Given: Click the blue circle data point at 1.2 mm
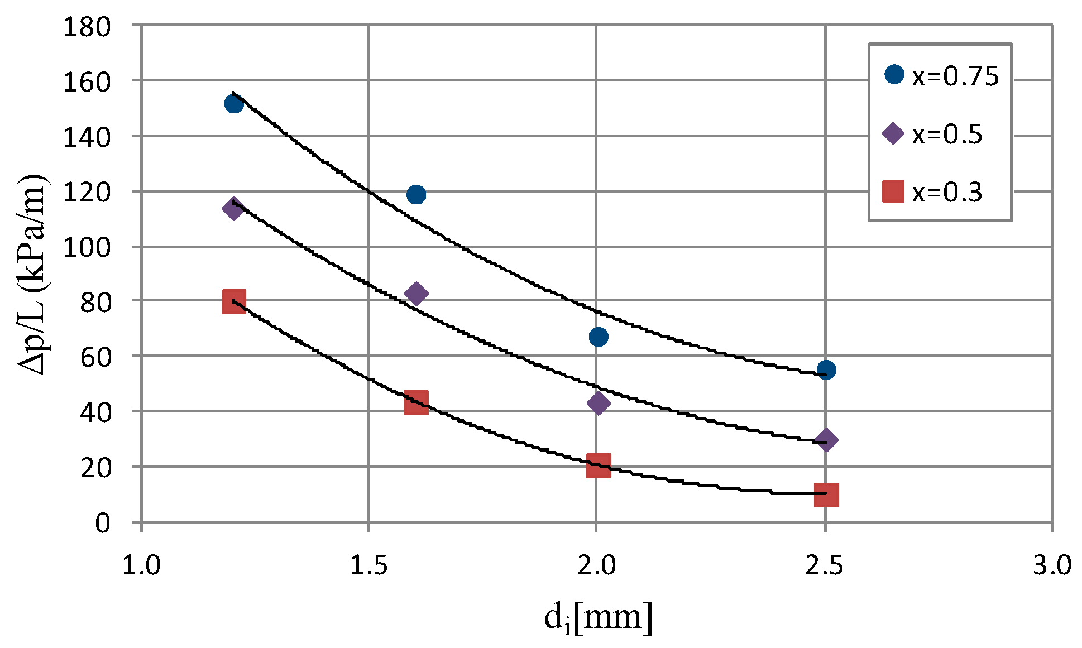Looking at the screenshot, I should click(233, 104).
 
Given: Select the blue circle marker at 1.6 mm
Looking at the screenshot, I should click(416, 194).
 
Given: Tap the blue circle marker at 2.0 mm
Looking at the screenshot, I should click(598, 337).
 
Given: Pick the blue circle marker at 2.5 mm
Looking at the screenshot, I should click(826, 369).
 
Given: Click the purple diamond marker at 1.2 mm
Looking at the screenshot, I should click(233, 209).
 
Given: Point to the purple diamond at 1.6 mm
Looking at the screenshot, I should click(416, 293).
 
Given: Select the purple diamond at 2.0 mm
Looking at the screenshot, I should click(598, 403).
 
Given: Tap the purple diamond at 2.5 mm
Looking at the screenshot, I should click(826, 440).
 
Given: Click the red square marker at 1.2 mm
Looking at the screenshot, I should click(233, 301).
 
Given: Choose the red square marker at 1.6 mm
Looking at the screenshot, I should click(416, 402).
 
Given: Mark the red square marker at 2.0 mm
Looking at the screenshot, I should click(598, 465).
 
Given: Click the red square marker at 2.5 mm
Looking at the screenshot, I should click(826, 495).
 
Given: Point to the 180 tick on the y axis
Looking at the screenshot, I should click(87, 27).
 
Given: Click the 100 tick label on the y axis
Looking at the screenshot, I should click(87, 247).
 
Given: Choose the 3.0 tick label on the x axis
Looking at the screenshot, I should click(1052, 565).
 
